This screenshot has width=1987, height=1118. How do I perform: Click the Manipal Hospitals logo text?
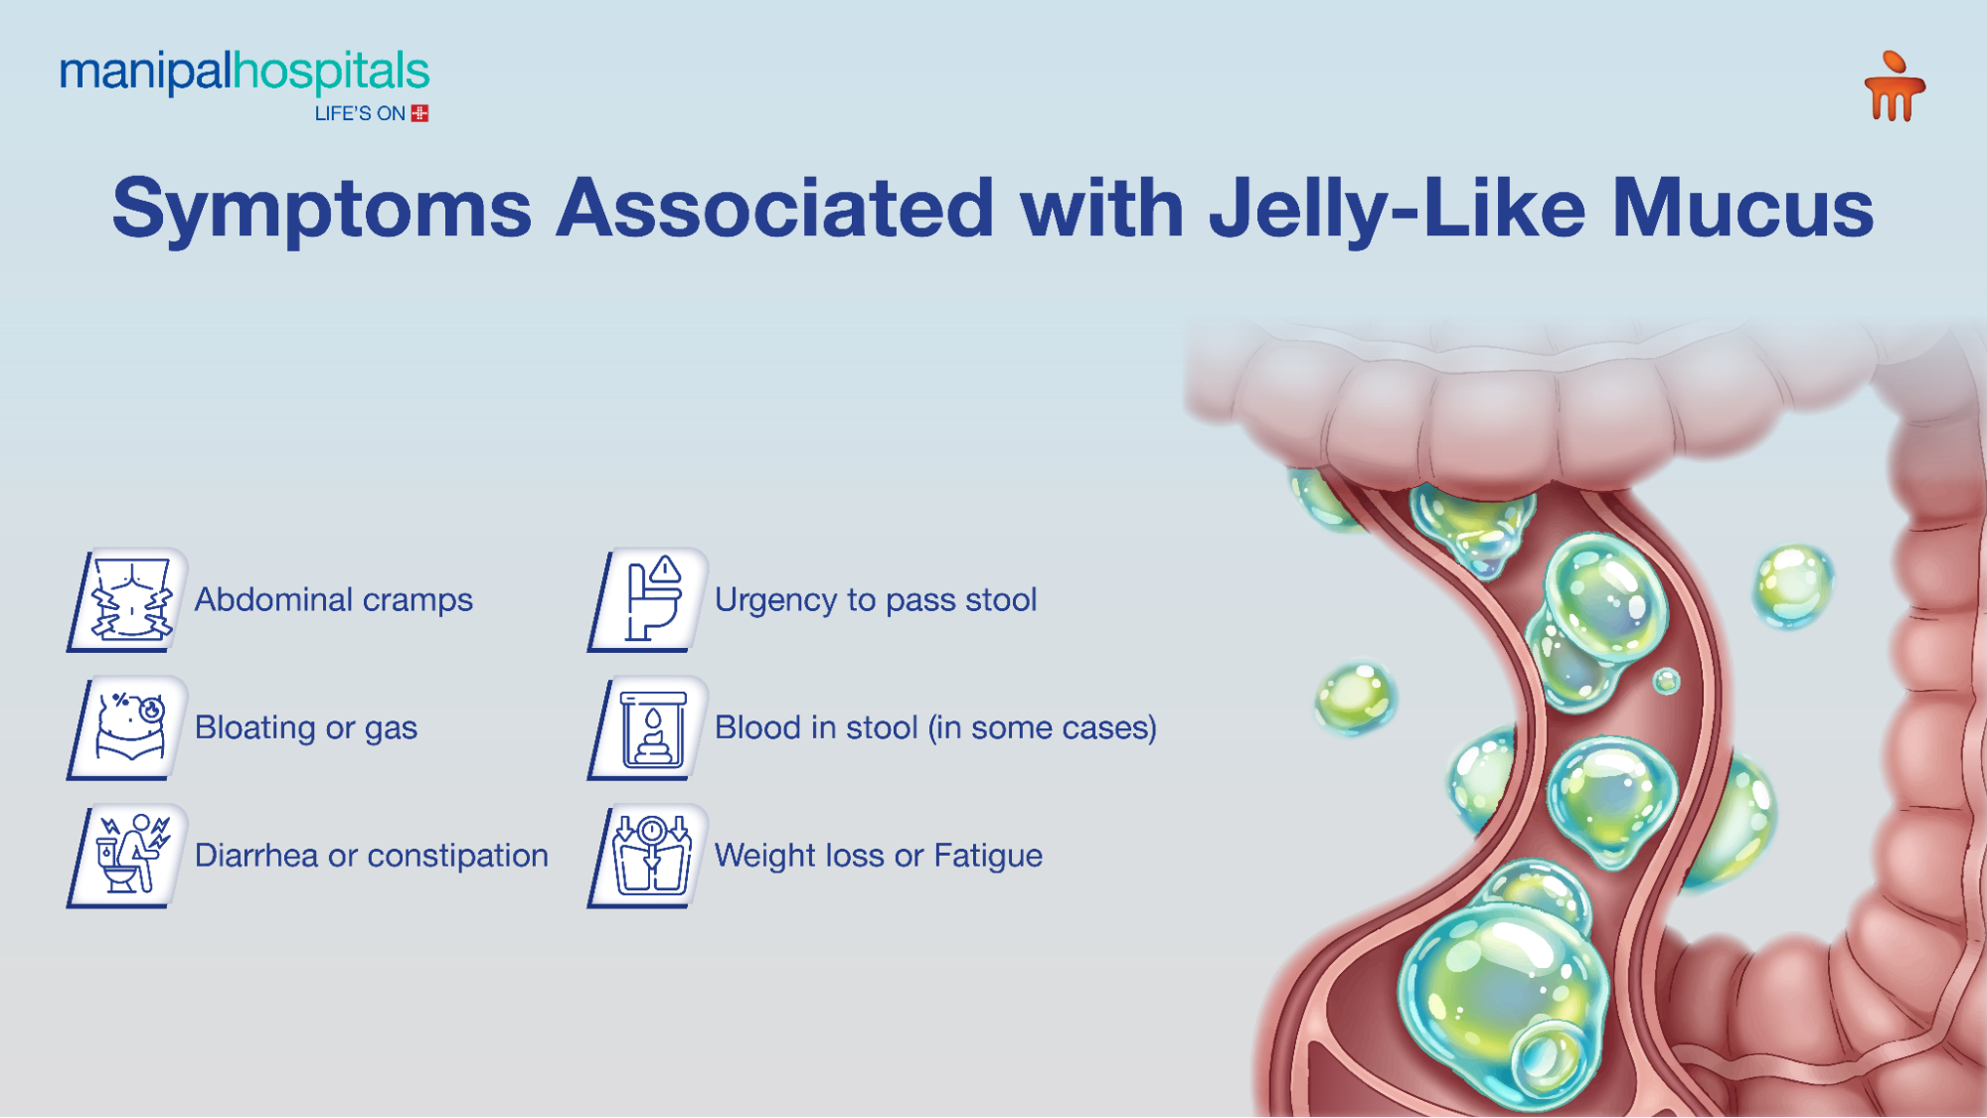(x=245, y=73)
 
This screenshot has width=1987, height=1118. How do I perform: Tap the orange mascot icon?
(x=1895, y=87)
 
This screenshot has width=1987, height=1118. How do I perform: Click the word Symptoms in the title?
(x=322, y=209)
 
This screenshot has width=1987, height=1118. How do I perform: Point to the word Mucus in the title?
(x=1742, y=209)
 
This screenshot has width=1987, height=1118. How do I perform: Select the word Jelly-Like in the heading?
(x=1397, y=209)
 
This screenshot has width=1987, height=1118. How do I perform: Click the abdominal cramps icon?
(x=129, y=600)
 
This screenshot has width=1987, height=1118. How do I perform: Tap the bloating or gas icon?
(x=129, y=727)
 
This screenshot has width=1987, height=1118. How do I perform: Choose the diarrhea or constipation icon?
(x=129, y=856)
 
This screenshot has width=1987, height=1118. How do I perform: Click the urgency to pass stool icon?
(x=650, y=600)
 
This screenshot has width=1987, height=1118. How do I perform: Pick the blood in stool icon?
(x=650, y=728)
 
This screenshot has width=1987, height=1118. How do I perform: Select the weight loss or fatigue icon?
(x=650, y=856)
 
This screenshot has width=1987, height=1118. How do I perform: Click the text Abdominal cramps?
(x=334, y=600)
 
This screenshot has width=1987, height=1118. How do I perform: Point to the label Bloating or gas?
(x=306, y=727)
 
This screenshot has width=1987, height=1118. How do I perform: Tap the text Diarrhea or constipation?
(x=372, y=856)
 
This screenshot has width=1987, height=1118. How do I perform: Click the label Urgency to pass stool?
(x=876, y=600)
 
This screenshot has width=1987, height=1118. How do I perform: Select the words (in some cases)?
(x=1043, y=727)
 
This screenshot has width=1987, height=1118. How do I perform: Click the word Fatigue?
(x=988, y=856)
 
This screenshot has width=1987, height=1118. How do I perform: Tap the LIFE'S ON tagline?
(x=360, y=114)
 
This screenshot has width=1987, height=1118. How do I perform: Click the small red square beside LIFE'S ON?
(x=420, y=113)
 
